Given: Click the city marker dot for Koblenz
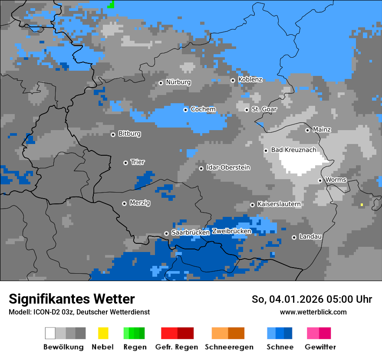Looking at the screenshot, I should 233,80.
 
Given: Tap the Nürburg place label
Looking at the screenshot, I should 178,82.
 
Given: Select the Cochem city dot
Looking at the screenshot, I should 185,110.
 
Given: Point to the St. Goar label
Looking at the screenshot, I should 264,109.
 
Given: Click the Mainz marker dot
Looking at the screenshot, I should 307,130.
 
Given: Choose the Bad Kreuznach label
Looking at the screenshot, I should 293,150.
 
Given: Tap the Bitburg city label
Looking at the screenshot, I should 129,134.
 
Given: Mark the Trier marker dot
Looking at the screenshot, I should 125,163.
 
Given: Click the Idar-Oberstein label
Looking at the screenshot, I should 228,167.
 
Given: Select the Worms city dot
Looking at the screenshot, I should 320,180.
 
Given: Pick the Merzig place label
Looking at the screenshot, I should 140,203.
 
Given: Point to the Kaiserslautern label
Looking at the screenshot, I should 279,204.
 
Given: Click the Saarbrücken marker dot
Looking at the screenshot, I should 166,233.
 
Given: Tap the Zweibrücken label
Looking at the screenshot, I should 231,231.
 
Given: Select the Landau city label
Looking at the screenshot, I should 310,236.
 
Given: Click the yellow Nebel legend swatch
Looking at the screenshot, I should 103,333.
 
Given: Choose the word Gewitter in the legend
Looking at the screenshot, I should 320,347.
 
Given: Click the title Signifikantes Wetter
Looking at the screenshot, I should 72,299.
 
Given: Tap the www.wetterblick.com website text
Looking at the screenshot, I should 313,312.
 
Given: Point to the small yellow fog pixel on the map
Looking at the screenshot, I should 362,204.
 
